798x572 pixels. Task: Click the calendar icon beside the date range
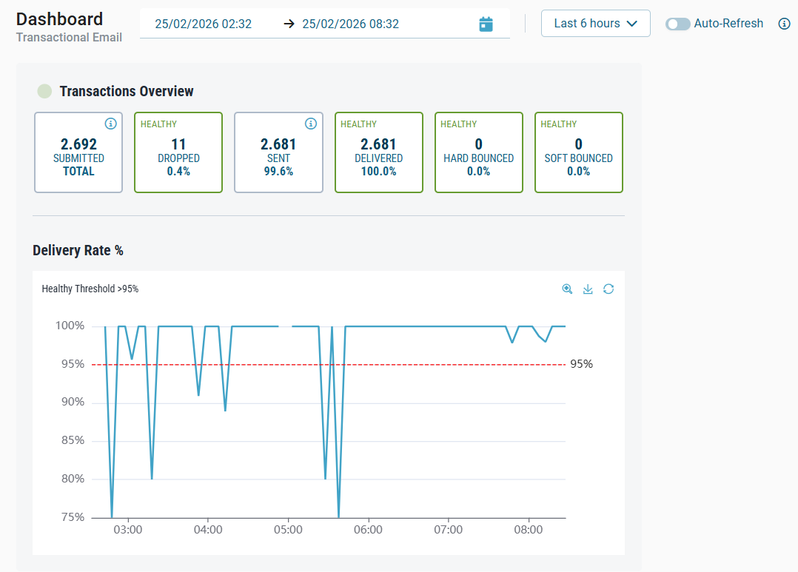tap(486, 24)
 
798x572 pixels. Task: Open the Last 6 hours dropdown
tap(596, 24)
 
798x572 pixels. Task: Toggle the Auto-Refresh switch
tap(677, 24)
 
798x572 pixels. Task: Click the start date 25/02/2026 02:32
tap(204, 24)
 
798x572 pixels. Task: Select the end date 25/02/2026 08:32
tap(350, 24)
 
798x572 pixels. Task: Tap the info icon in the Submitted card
tap(110, 124)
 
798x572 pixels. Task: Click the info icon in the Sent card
tap(311, 124)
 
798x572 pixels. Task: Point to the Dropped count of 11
tap(178, 144)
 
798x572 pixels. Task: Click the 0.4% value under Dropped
tap(178, 171)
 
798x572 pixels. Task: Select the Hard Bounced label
tap(478, 158)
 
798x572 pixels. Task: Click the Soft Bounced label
tap(578, 158)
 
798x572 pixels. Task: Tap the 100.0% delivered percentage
tap(378, 171)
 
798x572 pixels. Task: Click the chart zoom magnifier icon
tap(567, 289)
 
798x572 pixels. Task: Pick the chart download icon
tap(588, 289)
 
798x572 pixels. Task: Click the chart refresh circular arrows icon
tap(608, 289)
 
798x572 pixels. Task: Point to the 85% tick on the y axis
tap(71, 440)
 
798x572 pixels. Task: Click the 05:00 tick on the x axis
tap(288, 530)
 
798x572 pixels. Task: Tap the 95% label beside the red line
tap(581, 364)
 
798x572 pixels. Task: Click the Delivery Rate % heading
tap(78, 251)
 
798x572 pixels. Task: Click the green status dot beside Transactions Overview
tap(45, 91)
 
